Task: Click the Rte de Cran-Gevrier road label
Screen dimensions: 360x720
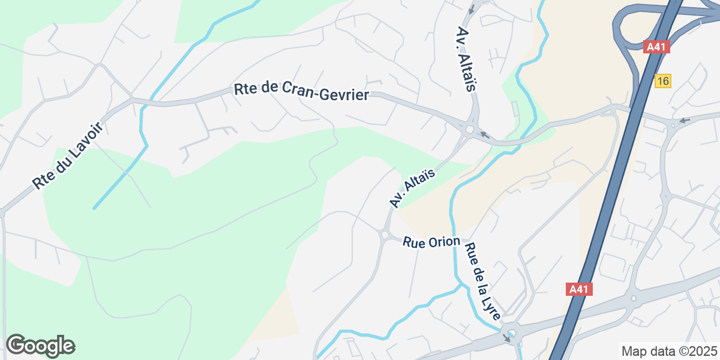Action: point(301,92)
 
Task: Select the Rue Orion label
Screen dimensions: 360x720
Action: point(431,242)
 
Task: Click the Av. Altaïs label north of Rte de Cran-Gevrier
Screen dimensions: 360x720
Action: point(466,59)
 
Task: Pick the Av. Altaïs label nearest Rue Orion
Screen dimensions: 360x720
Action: point(412,188)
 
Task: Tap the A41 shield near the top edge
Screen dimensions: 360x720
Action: point(656,47)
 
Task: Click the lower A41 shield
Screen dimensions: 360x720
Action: point(579,289)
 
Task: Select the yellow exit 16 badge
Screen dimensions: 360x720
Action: point(662,81)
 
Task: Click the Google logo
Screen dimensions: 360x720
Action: point(40,346)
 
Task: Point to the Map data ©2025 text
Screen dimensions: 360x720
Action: point(668,351)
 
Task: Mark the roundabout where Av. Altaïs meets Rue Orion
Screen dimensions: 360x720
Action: point(384,235)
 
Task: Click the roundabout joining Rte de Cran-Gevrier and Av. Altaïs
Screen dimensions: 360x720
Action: point(469,128)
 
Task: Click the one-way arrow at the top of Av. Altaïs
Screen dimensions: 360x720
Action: point(472,9)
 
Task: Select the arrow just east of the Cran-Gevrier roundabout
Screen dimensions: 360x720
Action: point(485,135)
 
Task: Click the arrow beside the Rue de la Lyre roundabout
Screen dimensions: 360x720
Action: point(506,338)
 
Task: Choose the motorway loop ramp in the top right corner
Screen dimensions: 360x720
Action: point(627,24)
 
